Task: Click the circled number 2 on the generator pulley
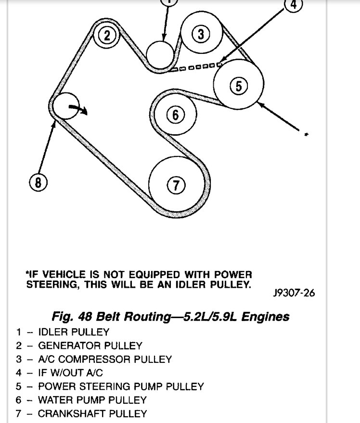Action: click(x=107, y=35)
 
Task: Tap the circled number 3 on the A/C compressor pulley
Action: click(x=201, y=34)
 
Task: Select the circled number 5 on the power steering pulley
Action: click(x=239, y=86)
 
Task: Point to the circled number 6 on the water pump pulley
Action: click(x=175, y=115)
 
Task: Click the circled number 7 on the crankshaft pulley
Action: click(x=176, y=185)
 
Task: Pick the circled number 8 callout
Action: click(x=39, y=182)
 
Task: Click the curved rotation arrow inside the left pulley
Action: click(x=78, y=109)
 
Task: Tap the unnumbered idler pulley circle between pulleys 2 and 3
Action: click(x=160, y=53)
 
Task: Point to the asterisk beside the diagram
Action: click(x=306, y=134)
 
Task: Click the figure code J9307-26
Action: click(x=294, y=293)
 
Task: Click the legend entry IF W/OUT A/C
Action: click(x=70, y=372)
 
